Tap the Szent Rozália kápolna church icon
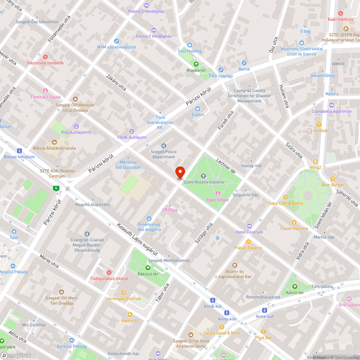tap(203, 176)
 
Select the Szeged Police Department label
tap(164, 154)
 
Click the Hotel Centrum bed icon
tap(249, 226)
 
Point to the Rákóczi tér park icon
tap(148, 268)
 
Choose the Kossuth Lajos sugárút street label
tap(137, 239)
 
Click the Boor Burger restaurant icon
tap(333, 179)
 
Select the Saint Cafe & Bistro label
tap(285, 203)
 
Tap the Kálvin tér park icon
tap(295, 287)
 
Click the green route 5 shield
tap(55, 188)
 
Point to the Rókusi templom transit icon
tap(19, 151)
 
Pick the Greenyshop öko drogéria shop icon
tap(149, 219)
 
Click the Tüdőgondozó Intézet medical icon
tap(109, 273)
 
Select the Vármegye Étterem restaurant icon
tap(123, 293)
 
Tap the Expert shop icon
tap(198, 109)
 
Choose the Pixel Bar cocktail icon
tap(264, 332)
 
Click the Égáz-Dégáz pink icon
tap(217, 194)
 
